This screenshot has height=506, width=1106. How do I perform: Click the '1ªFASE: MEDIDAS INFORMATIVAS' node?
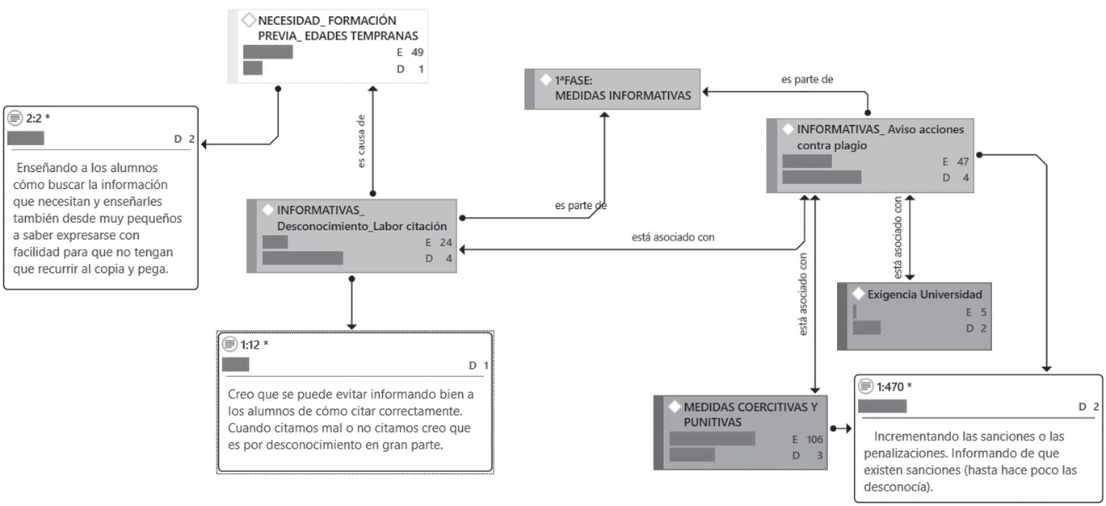pos(612,89)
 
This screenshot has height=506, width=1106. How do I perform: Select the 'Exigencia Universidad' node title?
pos(924,295)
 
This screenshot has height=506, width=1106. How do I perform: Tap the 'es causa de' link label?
pos(361,141)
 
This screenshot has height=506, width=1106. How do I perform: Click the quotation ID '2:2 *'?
pos(38,119)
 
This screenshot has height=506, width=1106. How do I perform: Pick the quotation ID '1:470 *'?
pos(894,387)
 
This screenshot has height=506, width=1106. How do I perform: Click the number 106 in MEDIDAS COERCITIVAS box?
pos(814,439)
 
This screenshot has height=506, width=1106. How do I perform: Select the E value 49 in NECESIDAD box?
pos(417,52)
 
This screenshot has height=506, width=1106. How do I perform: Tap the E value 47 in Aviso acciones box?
pos(963,161)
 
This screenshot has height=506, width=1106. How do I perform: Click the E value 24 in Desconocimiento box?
pos(446,243)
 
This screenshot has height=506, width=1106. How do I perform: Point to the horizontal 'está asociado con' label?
pos(673,237)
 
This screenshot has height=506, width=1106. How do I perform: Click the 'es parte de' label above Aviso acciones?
pos(807,79)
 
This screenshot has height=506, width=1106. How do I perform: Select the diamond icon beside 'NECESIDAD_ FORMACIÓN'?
pos(249,20)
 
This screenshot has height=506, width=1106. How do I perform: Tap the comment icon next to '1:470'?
pos(865,386)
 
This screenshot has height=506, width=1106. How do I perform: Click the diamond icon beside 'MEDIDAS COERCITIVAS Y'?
pos(675,407)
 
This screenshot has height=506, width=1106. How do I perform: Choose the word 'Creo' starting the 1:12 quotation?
pos(240,395)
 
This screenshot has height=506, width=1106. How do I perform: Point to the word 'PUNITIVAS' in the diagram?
pos(713,423)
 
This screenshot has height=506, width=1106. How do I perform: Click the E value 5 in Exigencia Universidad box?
pos(983,312)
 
